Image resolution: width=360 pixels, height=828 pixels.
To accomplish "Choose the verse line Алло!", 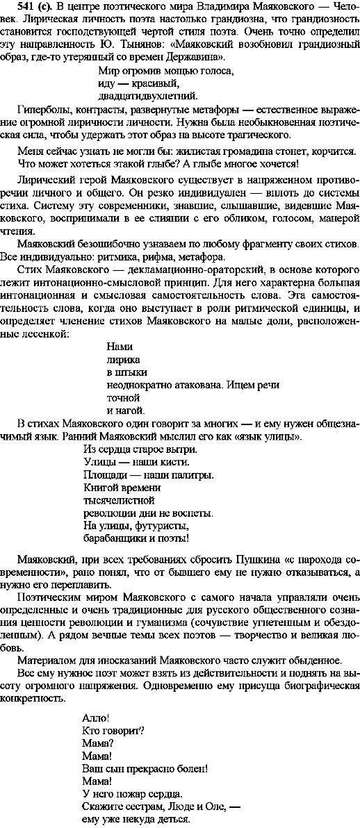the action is pos(95,718).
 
